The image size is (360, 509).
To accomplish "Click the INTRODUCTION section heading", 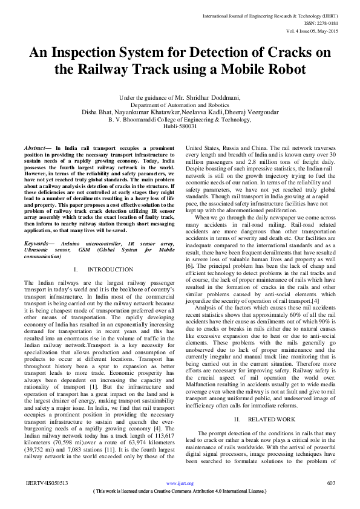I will [110, 269].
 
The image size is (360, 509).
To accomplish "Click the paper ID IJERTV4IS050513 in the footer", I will [46, 484].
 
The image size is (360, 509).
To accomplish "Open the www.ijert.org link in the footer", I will [180, 484].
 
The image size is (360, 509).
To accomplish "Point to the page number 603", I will [331, 484].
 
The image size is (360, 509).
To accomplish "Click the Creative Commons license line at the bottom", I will [180, 491].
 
